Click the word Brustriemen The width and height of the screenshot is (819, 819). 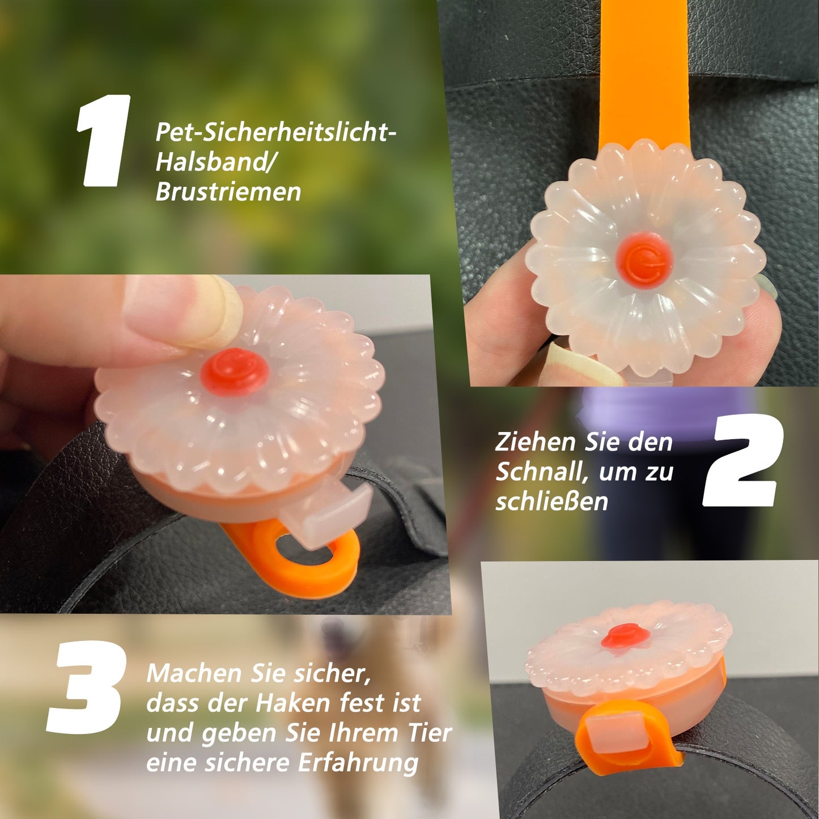tap(228, 192)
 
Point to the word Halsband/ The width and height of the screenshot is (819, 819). tap(215, 162)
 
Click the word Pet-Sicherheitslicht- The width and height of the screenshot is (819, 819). tap(275, 133)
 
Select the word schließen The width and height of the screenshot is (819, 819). tap(551, 501)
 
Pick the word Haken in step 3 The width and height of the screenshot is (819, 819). tap(292, 703)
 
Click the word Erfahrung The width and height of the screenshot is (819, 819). tap(358, 762)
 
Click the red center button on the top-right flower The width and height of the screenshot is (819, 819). tap(644, 260)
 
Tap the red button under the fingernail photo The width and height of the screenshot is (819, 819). tap(234, 371)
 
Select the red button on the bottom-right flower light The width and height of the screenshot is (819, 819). tap(625, 635)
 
